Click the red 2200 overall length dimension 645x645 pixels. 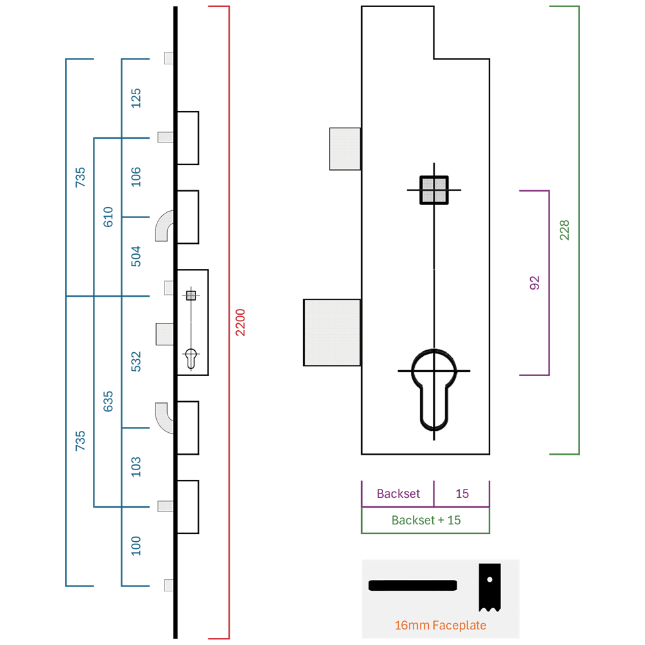pos(240,322)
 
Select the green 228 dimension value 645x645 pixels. pos(564,230)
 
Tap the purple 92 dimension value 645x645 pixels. pos(534,283)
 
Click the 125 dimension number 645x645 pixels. pos(135,98)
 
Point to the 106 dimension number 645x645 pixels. pos(135,177)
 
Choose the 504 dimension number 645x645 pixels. pos(135,256)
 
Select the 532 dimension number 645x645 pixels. pos(135,362)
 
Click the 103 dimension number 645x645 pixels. pos(135,467)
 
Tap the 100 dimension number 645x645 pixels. pos(135,546)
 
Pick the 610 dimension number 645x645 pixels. pos(108,217)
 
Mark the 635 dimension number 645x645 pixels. pos(108,401)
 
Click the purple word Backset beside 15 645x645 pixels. pos(398,493)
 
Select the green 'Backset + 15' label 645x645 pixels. pos(426,520)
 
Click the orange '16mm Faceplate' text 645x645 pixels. pos(440,625)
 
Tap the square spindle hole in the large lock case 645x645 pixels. pos(434,190)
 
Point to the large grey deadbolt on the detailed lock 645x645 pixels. pos(332,332)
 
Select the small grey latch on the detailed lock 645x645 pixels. pos(345,149)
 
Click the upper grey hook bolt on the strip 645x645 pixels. pos(163,225)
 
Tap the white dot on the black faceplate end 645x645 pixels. pos(490,580)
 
